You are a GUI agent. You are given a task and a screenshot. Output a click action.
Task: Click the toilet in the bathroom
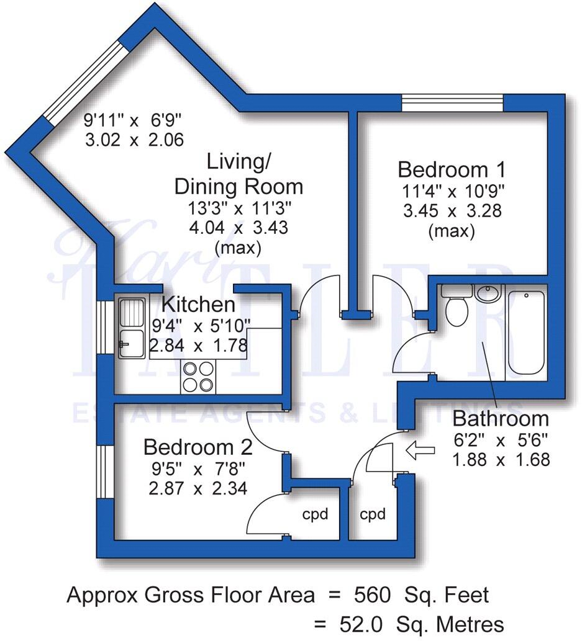pyautogui.click(x=457, y=308)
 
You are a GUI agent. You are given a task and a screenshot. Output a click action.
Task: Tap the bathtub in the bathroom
pyautogui.click(x=525, y=332)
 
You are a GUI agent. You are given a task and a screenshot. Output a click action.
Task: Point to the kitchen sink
pyautogui.click(x=131, y=328)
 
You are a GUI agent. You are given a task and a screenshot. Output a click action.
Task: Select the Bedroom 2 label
pyautogui.click(x=198, y=447)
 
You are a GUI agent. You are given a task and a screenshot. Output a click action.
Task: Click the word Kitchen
pyautogui.click(x=198, y=305)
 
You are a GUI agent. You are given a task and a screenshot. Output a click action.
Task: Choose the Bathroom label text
pyautogui.click(x=501, y=418)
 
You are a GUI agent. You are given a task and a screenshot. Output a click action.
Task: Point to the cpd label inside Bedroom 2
pyautogui.click(x=315, y=514)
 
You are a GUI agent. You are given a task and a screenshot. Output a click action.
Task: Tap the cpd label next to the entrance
pyautogui.click(x=373, y=514)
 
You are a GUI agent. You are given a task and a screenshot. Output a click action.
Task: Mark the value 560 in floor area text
pyautogui.click(x=372, y=595)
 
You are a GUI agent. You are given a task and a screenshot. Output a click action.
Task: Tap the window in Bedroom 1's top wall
pyautogui.click(x=452, y=102)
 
